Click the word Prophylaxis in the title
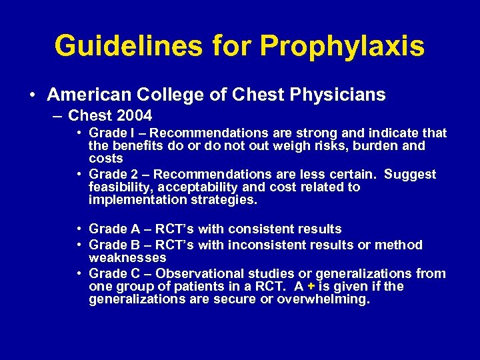click(x=342, y=46)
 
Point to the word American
click(x=88, y=95)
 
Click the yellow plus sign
click(x=310, y=286)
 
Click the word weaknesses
click(x=128, y=257)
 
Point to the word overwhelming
click(x=324, y=299)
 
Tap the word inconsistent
click(x=261, y=245)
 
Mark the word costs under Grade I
click(x=106, y=158)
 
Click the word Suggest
click(x=410, y=174)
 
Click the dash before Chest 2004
click(x=57, y=115)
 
